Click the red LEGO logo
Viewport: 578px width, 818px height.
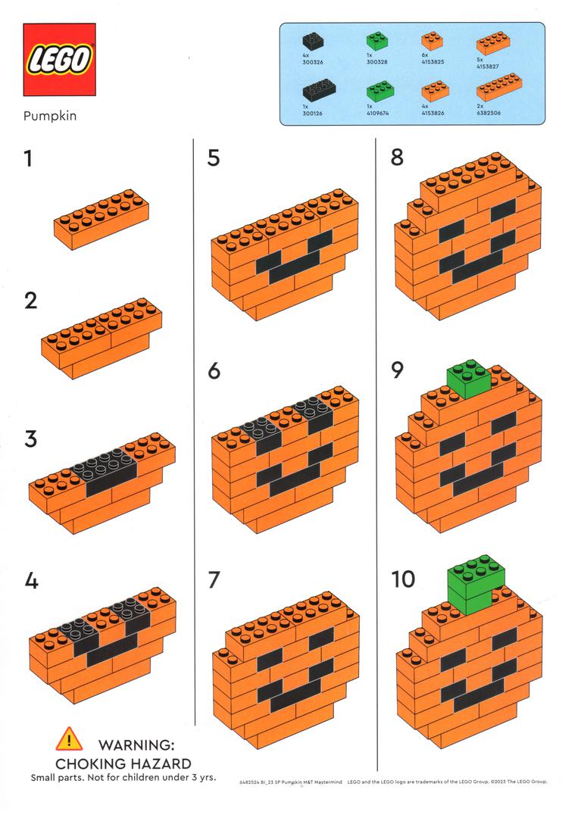coord(59,60)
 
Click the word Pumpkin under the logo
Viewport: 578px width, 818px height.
coord(49,117)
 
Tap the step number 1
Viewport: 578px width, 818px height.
coord(29,160)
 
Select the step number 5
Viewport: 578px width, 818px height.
coord(214,158)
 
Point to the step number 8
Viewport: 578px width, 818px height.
coord(397,158)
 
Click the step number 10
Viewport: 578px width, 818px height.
coord(404,579)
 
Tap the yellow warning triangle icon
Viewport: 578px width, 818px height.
coord(68,738)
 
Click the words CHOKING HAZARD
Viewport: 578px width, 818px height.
coord(123,763)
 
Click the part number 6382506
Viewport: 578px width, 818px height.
coord(489,112)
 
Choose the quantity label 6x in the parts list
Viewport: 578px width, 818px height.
coord(425,56)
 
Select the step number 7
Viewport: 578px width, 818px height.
coord(214,581)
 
